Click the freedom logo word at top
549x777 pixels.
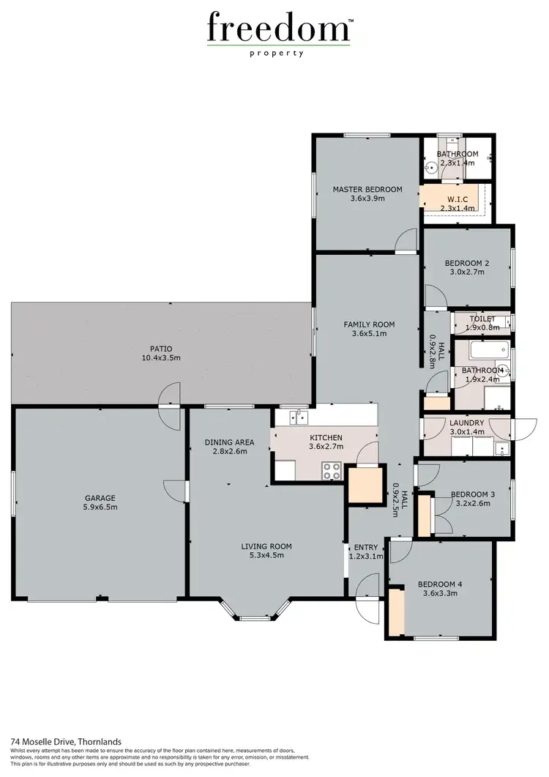(279, 29)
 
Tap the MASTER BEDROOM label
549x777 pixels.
(367, 189)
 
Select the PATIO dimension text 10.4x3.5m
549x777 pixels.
(161, 358)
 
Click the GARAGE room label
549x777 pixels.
(100, 498)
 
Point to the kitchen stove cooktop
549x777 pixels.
(331, 470)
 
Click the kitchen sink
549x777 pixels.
(299, 417)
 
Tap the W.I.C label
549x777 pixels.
(457, 198)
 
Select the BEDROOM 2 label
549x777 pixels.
(467, 264)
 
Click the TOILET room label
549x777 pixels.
(482, 319)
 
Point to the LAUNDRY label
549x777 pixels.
(466, 423)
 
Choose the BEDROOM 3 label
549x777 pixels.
(472, 494)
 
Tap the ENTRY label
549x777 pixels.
(365, 548)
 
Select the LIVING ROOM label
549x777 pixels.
(266, 546)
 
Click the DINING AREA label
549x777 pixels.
(229, 442)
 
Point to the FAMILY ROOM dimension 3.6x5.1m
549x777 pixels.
(370, 334)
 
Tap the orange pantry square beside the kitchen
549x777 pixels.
(365, 485)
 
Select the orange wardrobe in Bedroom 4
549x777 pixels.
(396, 611)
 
